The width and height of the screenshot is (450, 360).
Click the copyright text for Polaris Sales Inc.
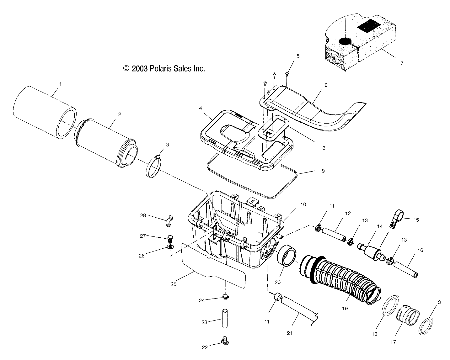[x=164, y=69]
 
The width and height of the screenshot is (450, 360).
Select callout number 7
[x=401, y=63]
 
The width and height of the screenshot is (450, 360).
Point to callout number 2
[x=120, y=114]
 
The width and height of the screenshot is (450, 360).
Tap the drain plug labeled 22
[x=225, y=339]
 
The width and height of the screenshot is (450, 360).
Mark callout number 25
[x=174, y=284]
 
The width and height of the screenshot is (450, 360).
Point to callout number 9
[x=323, y=171]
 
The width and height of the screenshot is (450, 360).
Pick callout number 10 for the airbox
[x=303, y=204]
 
